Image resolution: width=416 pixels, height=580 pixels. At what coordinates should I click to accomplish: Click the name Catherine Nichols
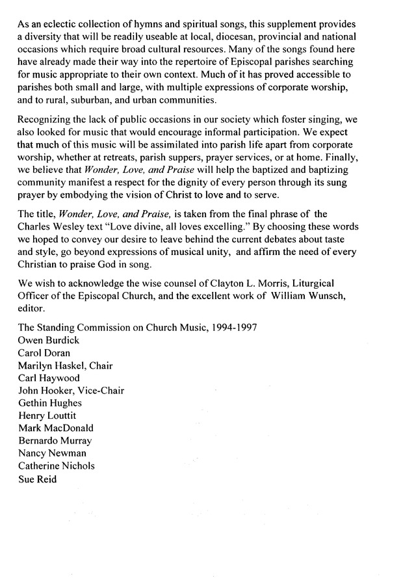(x=56, y=466)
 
